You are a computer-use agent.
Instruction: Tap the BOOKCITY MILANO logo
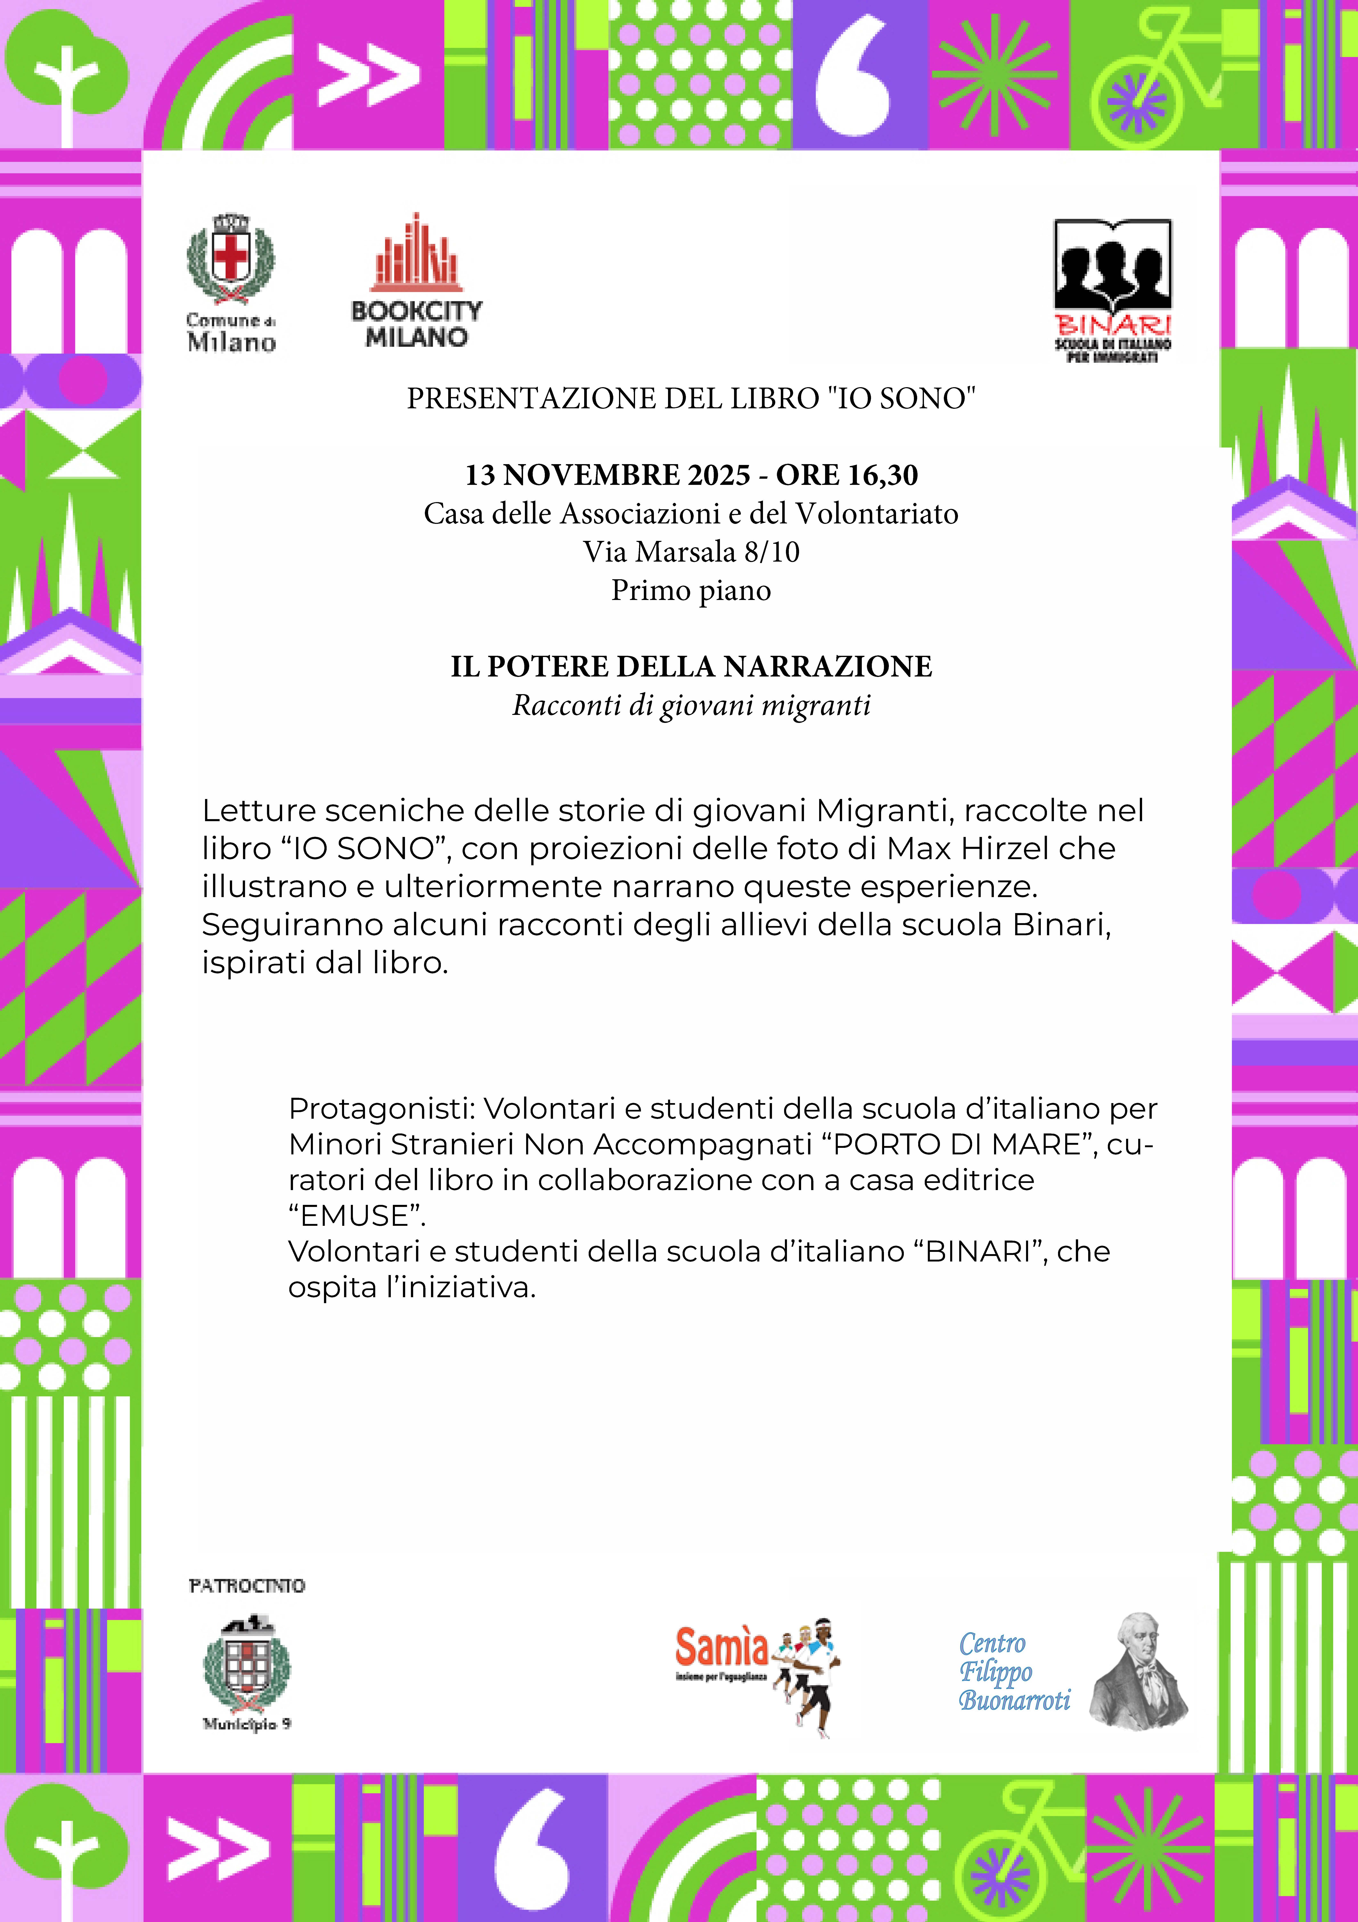pos(416,280)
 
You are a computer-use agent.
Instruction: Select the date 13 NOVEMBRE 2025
pos(608,475)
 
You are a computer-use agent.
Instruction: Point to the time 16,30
pos(883,475)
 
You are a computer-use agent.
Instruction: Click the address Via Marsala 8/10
pos(691,552)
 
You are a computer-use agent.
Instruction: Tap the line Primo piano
pos(691,590)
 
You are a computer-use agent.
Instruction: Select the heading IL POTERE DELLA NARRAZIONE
pos(691,666)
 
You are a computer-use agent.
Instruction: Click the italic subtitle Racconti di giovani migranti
pos(691,705)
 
